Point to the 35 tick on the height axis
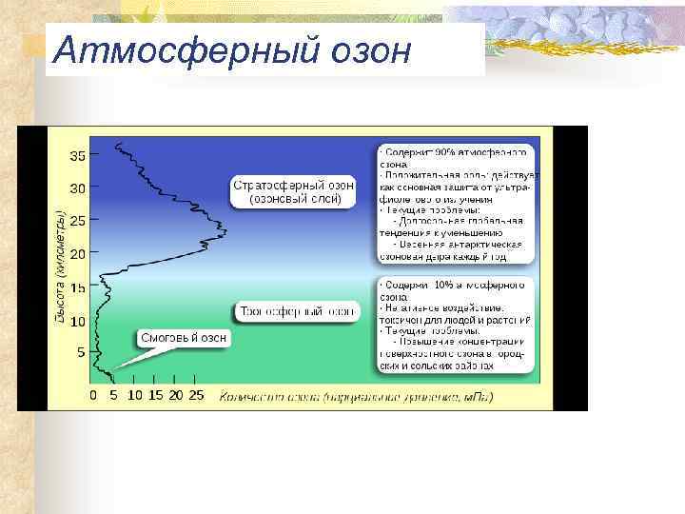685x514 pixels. [75, 154]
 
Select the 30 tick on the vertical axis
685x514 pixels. [75, 188]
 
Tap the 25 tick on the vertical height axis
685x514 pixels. [75, 221]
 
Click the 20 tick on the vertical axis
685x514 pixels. [75, 254]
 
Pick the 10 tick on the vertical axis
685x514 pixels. [75, 321]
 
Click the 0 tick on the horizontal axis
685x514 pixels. [93, 394]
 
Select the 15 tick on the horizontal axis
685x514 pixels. [155, 394]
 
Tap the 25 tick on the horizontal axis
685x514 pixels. [196, 394]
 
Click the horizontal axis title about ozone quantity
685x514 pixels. [357, 395]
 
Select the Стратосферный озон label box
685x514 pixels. [294, 192]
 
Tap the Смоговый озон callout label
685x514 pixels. [184, 338]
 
